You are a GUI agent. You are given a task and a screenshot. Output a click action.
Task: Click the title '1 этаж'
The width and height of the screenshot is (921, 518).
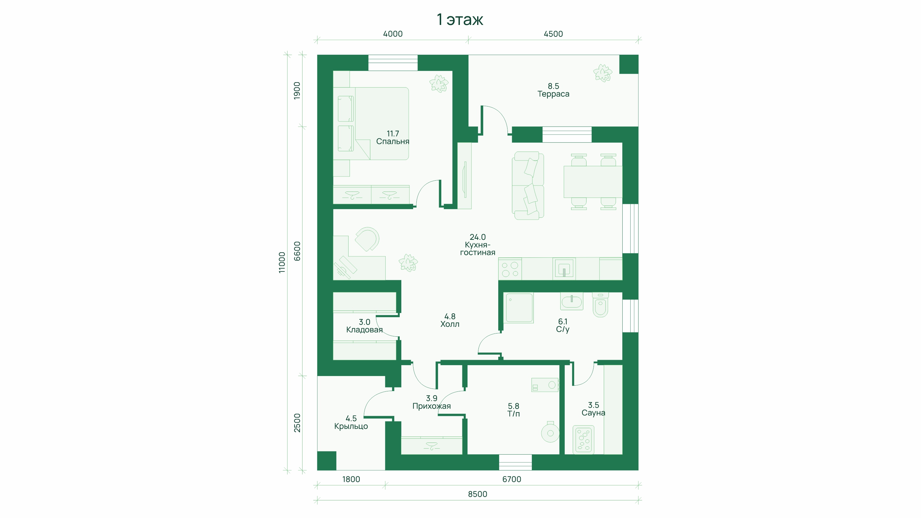coord(460,20)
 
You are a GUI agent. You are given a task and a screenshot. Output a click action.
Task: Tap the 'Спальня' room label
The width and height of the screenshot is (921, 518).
coord(393,142)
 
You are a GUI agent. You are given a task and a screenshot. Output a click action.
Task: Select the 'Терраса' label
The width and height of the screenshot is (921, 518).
coord(553,94)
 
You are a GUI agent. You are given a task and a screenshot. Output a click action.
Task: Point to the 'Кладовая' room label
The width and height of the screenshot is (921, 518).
coord(364,330)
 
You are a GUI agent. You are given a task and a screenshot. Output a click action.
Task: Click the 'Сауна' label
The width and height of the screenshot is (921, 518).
coord(593,413)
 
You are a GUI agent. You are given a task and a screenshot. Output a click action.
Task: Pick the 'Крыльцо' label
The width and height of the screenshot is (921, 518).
coord(351,426)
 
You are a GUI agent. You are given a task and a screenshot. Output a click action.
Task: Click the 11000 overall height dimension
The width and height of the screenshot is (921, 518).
coord(282,263)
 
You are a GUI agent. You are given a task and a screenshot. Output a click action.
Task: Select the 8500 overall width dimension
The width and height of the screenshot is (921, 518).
coord(477,494)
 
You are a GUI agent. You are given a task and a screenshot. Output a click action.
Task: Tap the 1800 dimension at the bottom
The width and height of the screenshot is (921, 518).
coord(351,479)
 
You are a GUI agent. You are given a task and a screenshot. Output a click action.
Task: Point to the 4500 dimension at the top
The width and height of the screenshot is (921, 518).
coord(553,34)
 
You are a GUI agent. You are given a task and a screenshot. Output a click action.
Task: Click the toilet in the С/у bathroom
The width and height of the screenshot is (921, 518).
coord(600,305)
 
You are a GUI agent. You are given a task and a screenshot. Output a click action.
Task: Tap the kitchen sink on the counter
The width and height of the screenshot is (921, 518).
coord(564,269)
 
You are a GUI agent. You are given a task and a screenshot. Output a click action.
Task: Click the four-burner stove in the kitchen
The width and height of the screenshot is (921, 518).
coord(510,269)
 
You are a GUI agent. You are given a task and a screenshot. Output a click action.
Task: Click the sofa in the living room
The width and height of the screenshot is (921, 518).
coord(528,185)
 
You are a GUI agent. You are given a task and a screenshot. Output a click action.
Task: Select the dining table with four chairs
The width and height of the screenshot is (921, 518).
coord(593,182)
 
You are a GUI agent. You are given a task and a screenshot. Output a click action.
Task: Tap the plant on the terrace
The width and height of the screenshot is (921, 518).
coord(602,73)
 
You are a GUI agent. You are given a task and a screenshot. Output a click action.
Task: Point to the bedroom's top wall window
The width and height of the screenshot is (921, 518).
coord(393,63)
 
